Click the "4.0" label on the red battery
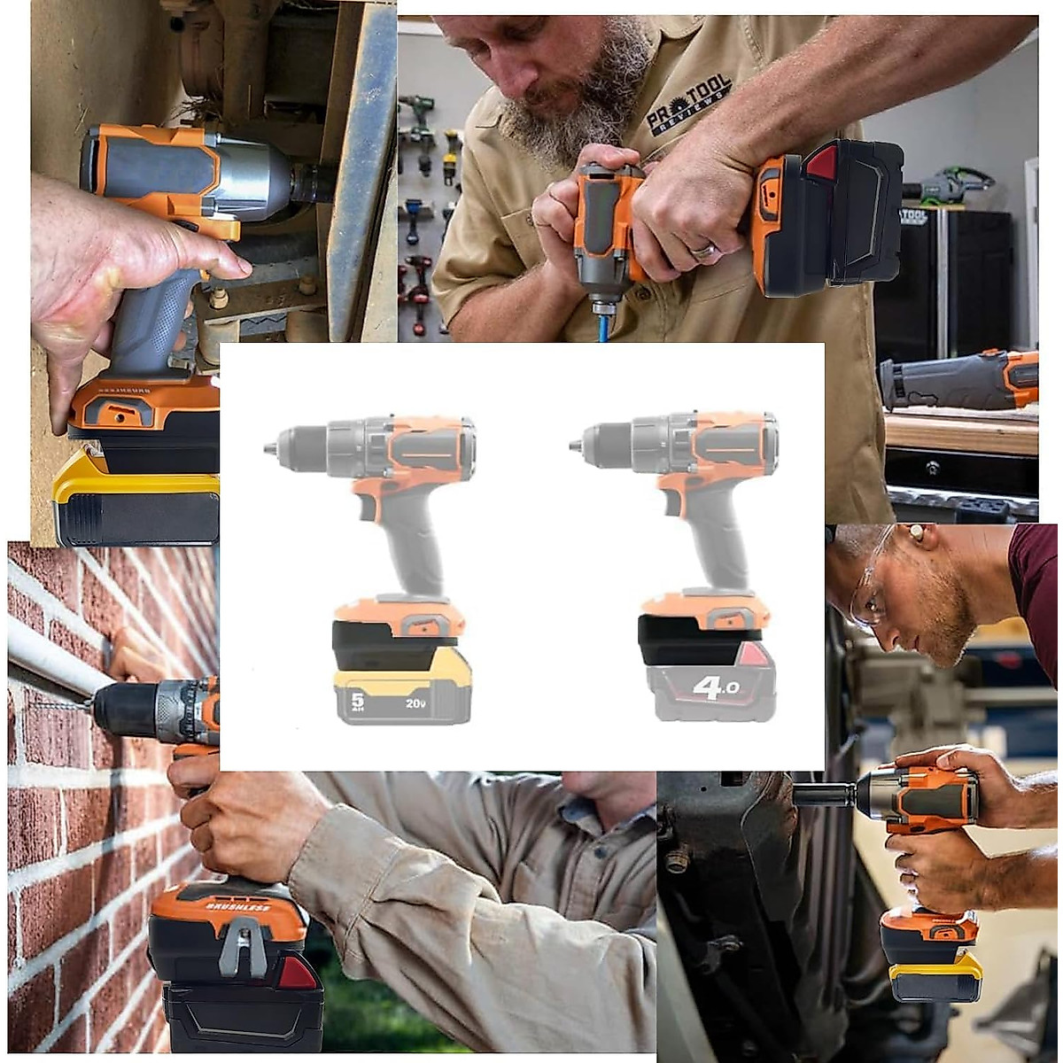tap(716, 687)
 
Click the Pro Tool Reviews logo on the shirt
tap(688, 105)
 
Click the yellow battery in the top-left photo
tap(133, 501)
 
